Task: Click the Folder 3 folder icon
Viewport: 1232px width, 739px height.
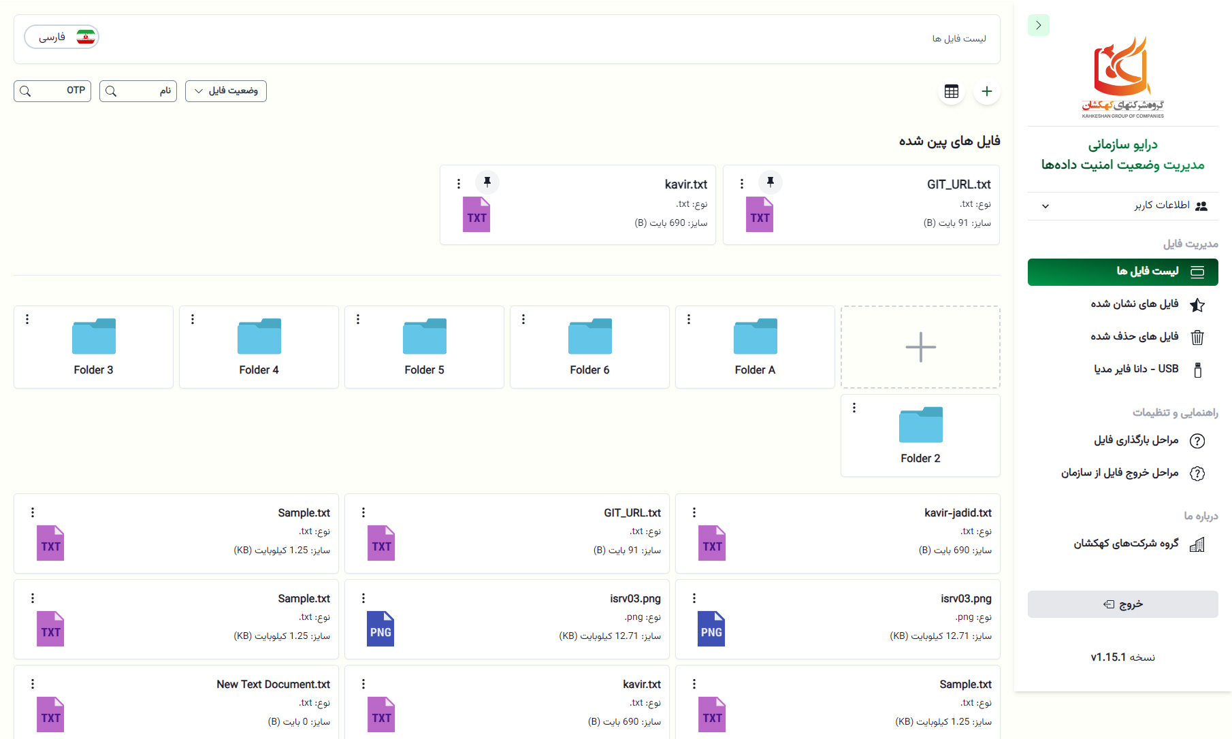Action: click(x=94, y=336)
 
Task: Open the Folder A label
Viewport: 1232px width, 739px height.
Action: click(x=755, y=370)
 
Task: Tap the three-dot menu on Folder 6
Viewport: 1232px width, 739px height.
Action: click(x=523, y=319)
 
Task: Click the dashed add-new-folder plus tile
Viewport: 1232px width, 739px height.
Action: click(x=920, y=347)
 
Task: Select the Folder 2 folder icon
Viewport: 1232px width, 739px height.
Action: click(x=921, y=425)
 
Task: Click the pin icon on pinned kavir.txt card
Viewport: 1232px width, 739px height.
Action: click(x=487, y=182)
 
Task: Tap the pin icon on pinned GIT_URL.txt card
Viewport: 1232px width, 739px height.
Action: click(x=771, y=182)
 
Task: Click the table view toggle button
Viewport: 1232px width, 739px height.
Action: click(x=952, y=91)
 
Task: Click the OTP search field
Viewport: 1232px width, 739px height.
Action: click(x=52, y=91)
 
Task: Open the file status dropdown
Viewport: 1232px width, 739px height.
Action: click(x=226, y=91)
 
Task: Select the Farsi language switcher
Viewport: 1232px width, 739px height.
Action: click(x=62, y=37)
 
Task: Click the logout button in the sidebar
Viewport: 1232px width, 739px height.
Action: click(x=1123, y=604)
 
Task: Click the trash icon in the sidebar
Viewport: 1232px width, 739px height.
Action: click(x=1197, y=337)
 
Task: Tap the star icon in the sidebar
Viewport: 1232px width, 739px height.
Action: click(x=1197, y=305)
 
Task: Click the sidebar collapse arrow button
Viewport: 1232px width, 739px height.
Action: click(x=1039, y=25)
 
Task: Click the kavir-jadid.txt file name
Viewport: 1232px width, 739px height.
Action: click(x=958, y=513)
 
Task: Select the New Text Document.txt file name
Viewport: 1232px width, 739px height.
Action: click(x=273, y=685)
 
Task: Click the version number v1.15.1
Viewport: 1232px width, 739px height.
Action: click(x=1108, y=657)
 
